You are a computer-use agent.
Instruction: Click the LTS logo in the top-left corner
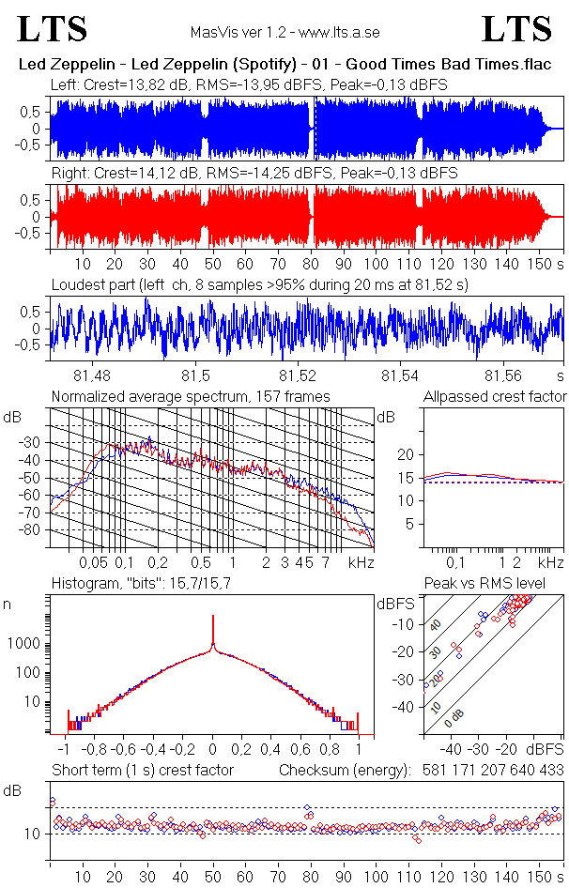click(54, 29)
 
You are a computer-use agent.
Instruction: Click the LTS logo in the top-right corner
click(516, 29)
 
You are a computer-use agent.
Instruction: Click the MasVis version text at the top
click(284, 32)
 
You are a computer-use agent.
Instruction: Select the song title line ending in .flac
click(285, 66)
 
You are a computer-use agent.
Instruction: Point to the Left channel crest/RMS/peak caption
click(249, 85)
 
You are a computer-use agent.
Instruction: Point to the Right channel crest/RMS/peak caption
click(254, 174)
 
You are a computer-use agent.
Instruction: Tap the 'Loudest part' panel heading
click(259, 283)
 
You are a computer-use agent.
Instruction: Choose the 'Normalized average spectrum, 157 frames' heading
click(191, 397)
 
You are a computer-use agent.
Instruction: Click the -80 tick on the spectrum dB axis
click(34, 530)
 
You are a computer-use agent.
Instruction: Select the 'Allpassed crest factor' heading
click(495, 397)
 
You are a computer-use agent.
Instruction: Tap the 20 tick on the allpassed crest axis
click(408, 454)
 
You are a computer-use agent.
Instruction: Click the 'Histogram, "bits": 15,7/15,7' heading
click(152, 585)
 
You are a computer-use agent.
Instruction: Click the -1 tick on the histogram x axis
click(64, 750)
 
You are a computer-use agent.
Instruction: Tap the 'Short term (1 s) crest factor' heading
click(142, 771)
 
